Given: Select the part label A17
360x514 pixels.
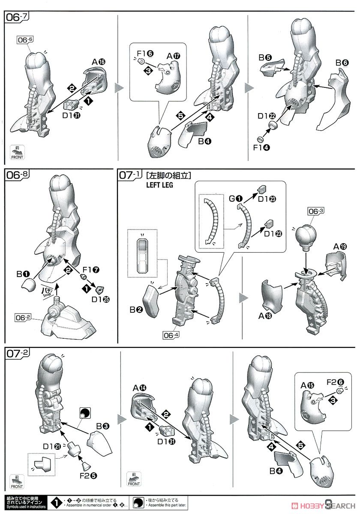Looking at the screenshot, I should pyautogui.click(x=174, y=56).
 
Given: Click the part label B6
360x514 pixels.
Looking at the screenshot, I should pyautogui.click(x=342, y=63).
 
